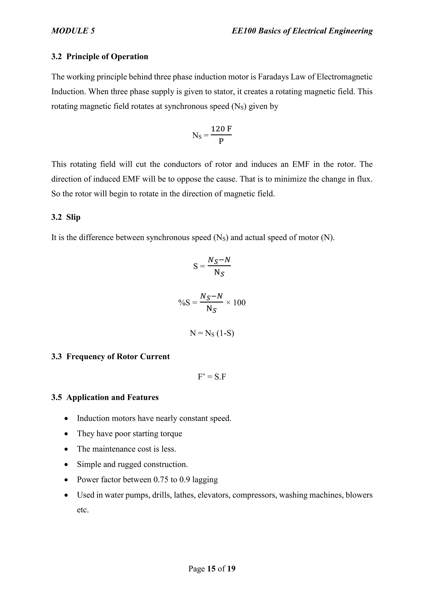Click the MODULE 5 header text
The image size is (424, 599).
73,31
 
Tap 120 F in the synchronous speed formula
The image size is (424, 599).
221,129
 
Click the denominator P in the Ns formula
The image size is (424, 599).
221,142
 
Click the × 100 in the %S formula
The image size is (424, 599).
236,303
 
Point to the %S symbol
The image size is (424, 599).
184,303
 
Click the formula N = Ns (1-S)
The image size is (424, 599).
212,333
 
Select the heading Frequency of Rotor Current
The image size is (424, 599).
118,356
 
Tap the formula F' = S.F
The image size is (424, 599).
212,377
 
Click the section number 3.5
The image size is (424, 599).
56,397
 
